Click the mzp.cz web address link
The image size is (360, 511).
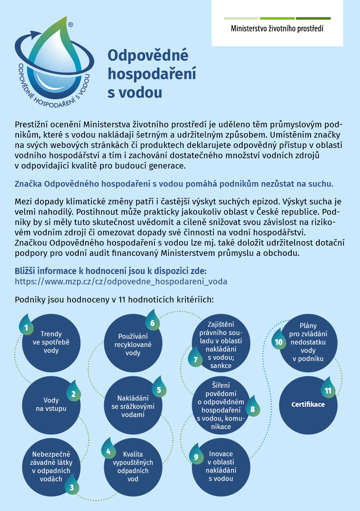pos(121,281)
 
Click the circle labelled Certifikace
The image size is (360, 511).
pos(308,405)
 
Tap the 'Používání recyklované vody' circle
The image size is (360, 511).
pos(133,342)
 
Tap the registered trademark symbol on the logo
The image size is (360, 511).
pos(70,25)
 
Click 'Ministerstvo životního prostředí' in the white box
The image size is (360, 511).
pos(277,29)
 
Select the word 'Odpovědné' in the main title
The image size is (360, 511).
pos(147,55)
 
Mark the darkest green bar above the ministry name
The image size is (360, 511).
pos(313,18)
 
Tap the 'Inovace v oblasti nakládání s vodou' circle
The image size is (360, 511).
pos(221,466)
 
